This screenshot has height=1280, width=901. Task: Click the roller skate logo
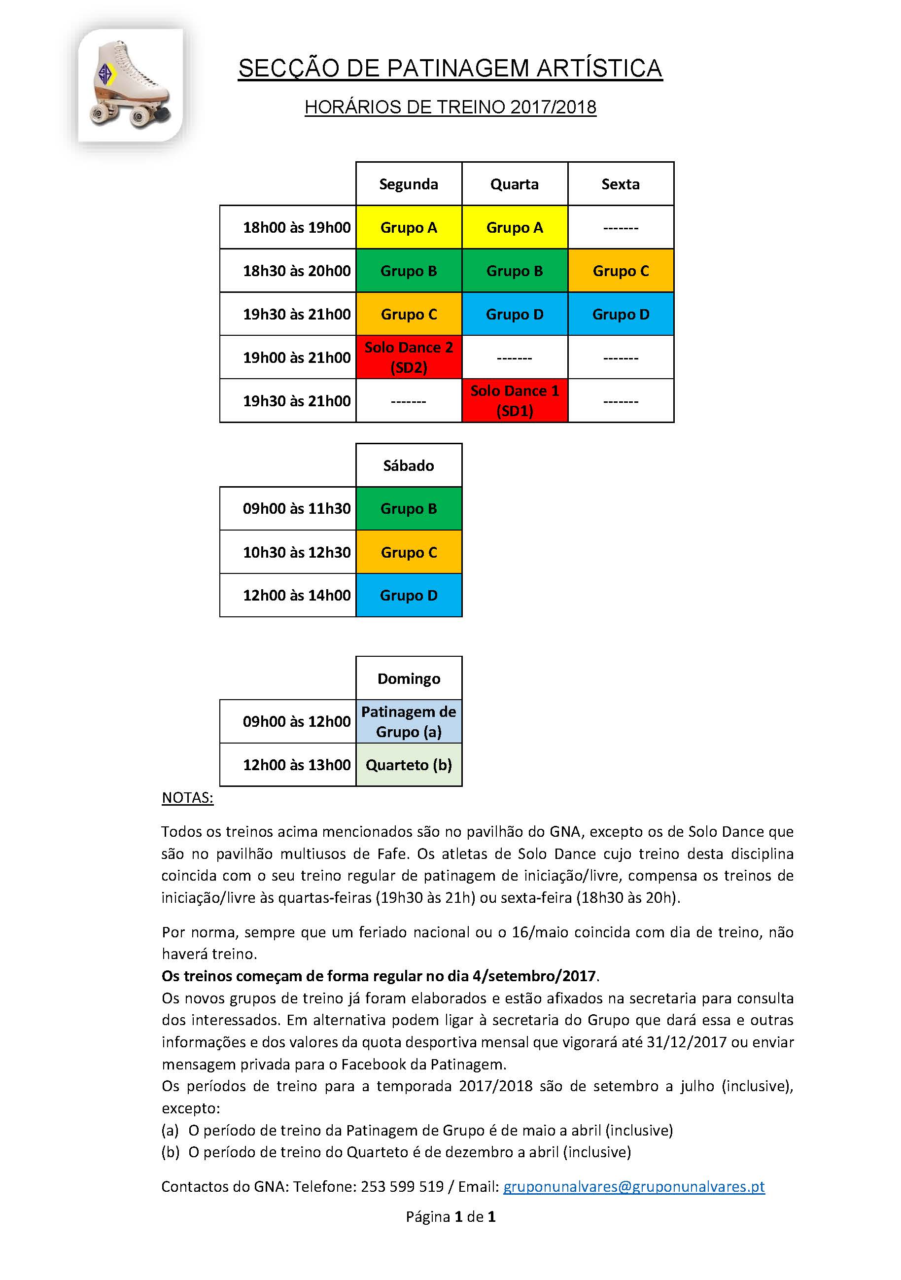tap(131, 85)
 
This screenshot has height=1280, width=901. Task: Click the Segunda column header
tap(409, 184)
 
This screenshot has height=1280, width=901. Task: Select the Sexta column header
tap(620, 184)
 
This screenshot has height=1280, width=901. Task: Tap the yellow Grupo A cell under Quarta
tap(514, 227)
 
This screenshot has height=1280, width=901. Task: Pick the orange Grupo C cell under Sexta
tap(620, 271)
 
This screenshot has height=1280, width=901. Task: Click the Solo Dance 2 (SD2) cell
tap(409, 357)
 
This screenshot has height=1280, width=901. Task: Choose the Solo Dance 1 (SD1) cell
tap(514, 401)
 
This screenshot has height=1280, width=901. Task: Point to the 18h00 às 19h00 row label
tap(296, 227)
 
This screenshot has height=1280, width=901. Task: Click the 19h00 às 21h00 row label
tap(296, 357)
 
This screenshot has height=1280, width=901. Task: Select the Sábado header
tap(409, 465)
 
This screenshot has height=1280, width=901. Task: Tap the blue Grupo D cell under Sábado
tap(409, 596)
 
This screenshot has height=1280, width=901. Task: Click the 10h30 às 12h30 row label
tap(296, 552)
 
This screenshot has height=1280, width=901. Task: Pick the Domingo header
tap(409, 678)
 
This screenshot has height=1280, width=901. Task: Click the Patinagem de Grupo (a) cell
tap(409, 721)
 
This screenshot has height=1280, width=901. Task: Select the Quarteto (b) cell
tap(409, 765)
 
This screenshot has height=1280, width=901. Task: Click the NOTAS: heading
tap(187, 798)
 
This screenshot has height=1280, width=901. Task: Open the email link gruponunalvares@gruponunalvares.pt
tap(633, 1186)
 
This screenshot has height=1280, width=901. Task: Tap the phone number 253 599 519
tap(402, 1186)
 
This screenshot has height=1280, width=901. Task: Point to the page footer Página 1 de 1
tap(450, 1216)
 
